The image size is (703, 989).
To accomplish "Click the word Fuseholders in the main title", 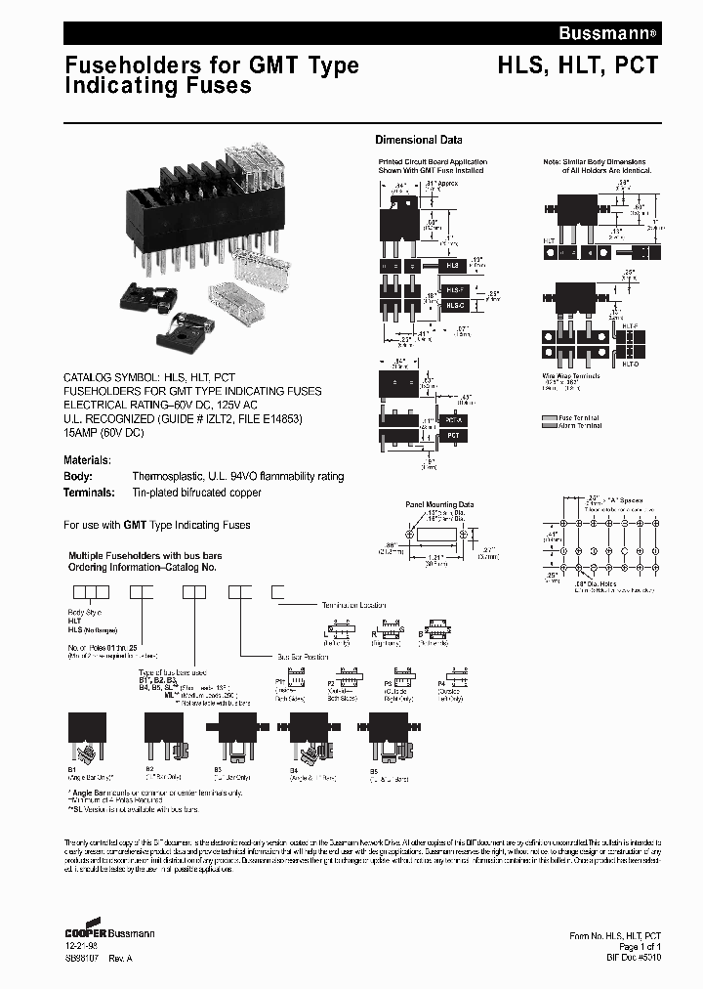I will click(127, 65).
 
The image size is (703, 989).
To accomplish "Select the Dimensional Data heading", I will click(419, 140).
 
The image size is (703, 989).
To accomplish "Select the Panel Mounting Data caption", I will click(440, 504).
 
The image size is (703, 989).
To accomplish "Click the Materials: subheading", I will click(88, 459).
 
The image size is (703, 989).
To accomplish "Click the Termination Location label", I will click(354, 605).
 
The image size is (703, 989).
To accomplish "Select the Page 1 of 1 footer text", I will click(640, 947).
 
